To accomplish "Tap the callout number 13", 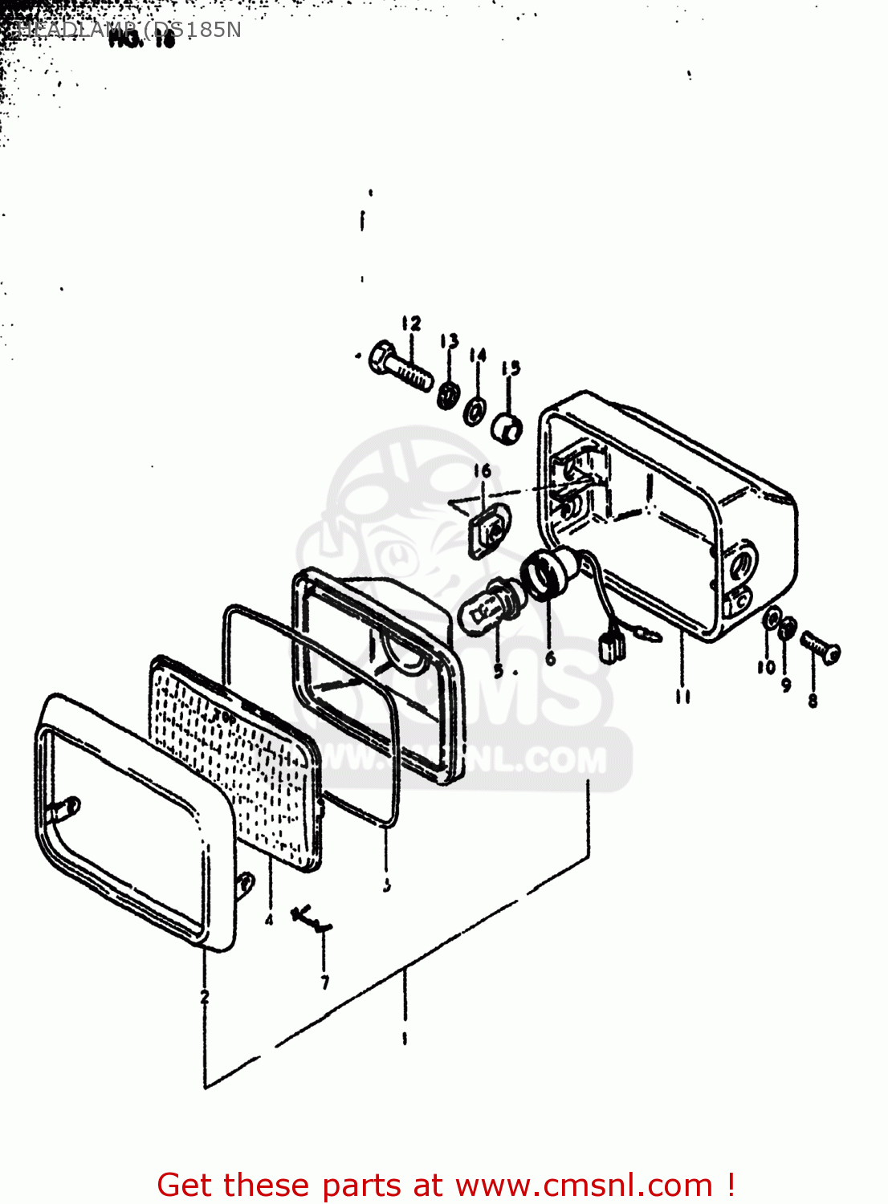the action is point(449,341).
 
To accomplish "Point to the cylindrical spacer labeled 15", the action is point(507,429).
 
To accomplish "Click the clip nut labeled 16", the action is point(487,529).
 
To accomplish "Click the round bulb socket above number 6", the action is point(545,573).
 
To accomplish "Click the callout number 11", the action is point(682,696).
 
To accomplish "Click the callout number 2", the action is point(205,996).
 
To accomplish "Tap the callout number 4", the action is point(269,919).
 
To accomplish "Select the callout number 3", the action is point(387,885).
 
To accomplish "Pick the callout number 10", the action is point(766,667).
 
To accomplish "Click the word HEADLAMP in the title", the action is point(76,31).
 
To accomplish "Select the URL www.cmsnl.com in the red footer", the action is point(584,1185).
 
